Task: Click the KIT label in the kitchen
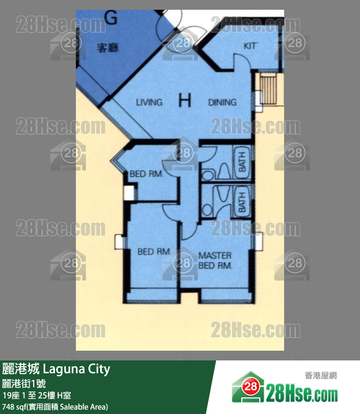[x=250, y=46]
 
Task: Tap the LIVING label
[x=149, y=102]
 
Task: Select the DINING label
[x=222, y=102]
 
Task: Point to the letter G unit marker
[x=111, y=18]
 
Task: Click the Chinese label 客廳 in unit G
[x=108, y=48]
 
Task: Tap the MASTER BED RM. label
[x=215, y=261]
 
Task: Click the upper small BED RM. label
[x=146, y=174]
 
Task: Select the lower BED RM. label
[x=154, y=251]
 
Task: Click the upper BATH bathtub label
[x=242, y=161]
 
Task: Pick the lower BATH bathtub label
[x=242, y=202]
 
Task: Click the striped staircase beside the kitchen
[x=269, y=89]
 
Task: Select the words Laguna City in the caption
[x=76, y=369]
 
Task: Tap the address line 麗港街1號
[x=24, y=383]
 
